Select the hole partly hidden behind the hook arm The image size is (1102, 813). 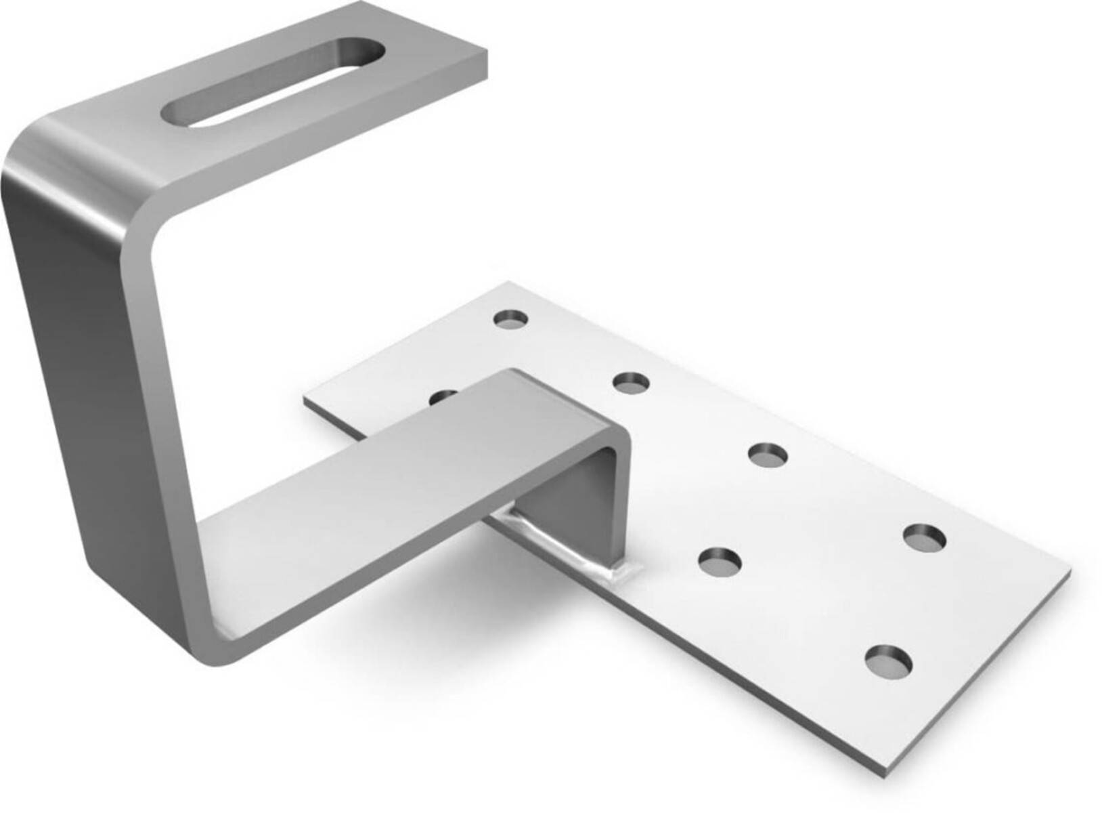click(x=443, y=395)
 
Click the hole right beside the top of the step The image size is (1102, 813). click(x=631, y=383)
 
